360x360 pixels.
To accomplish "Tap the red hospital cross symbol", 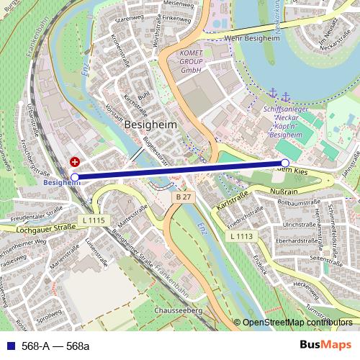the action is (75, 163).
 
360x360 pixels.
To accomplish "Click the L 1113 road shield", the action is (242, 235).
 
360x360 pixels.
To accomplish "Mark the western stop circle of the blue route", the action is (76, 176).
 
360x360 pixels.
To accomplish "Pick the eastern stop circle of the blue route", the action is (286, 163).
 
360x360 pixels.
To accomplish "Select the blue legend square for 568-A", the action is (9, 346).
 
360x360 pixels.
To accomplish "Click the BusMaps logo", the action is (325, 346).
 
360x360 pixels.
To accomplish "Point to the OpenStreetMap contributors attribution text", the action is (297, 322).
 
